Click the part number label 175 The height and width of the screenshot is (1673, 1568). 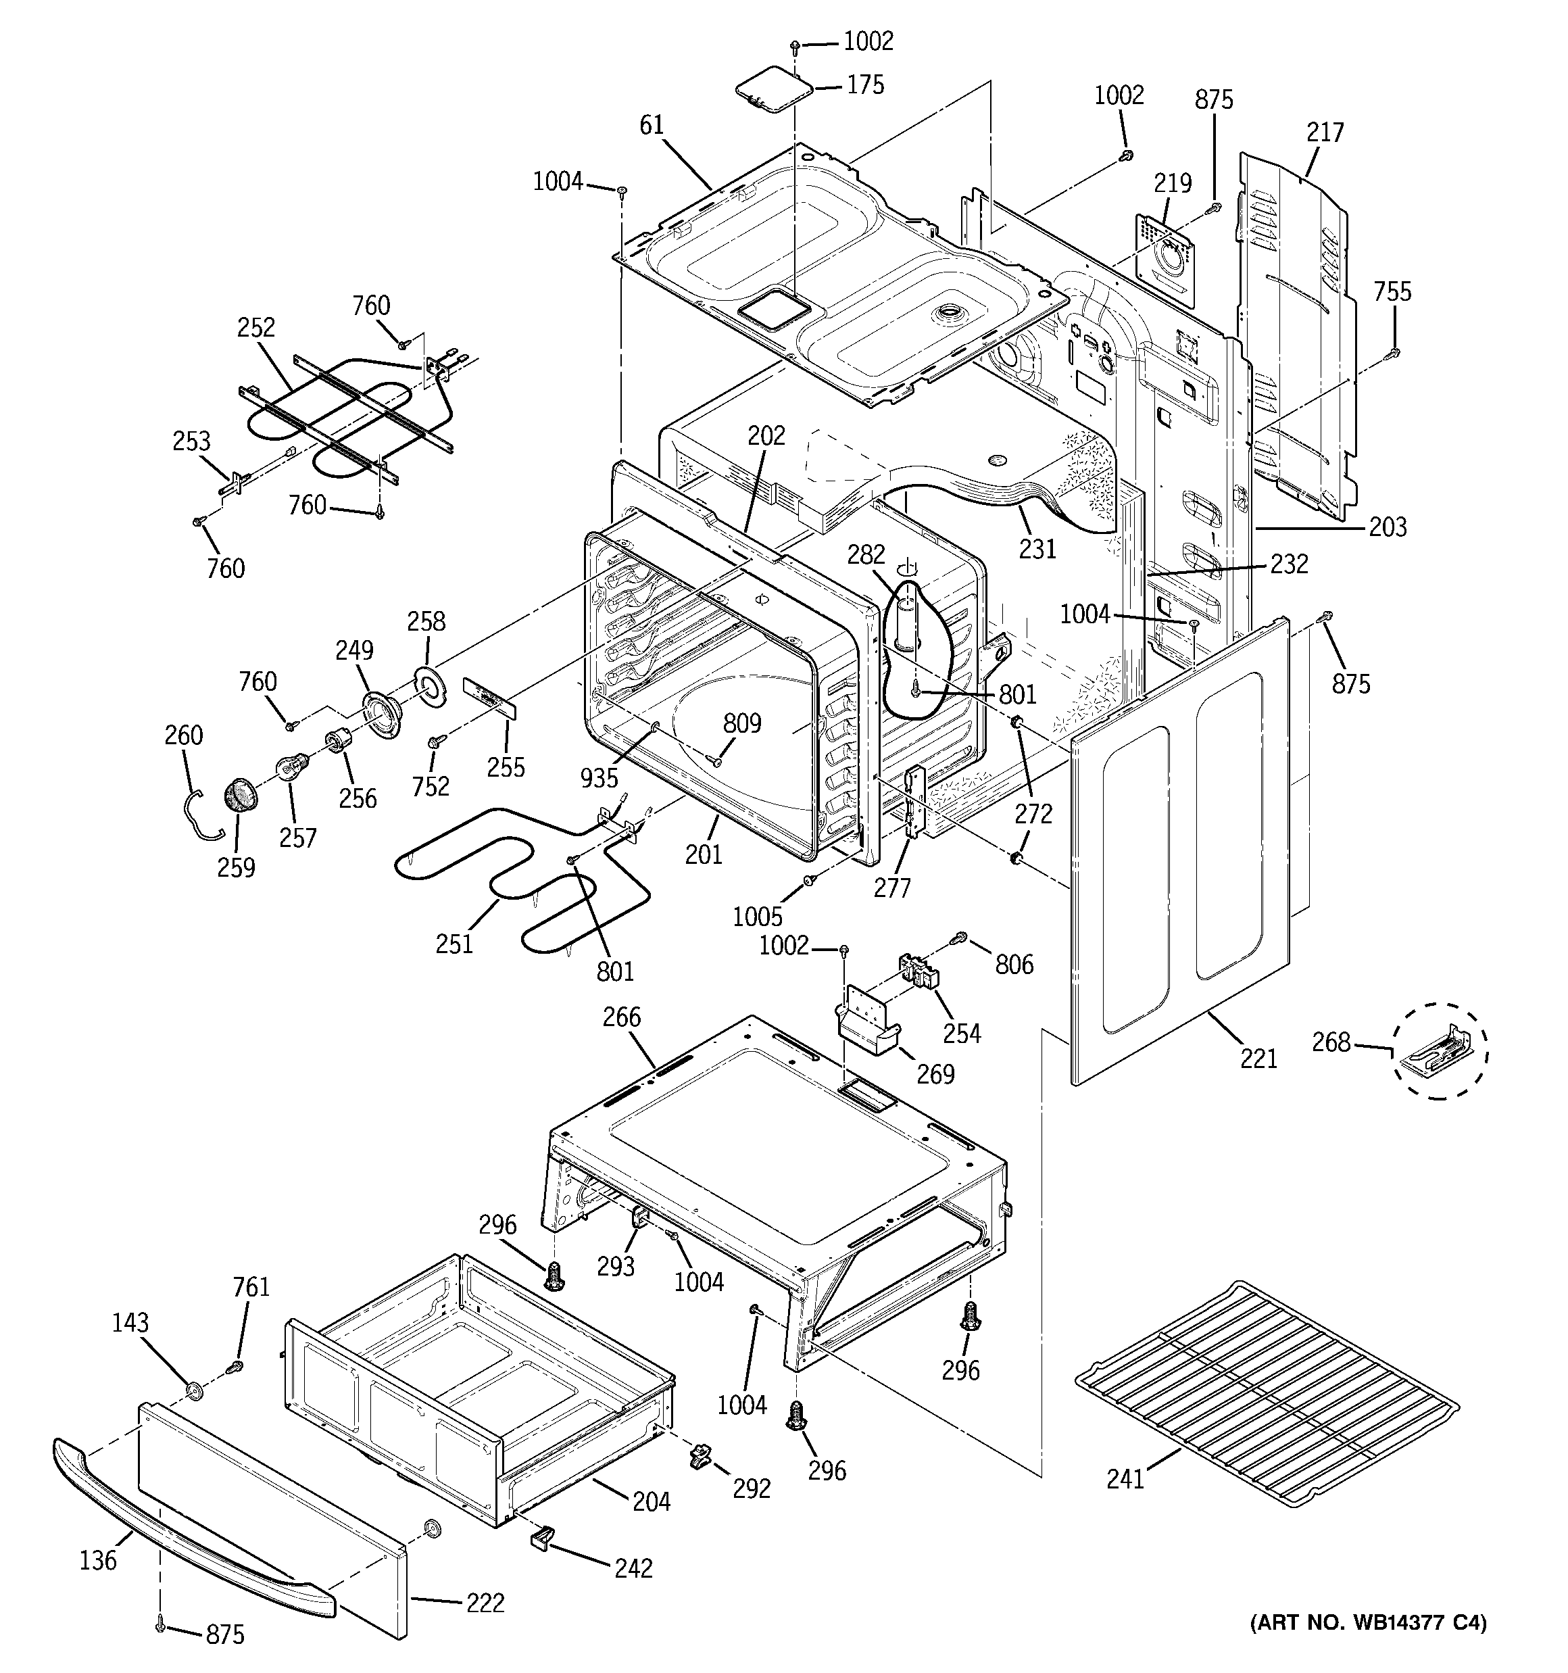[x=865, y=85]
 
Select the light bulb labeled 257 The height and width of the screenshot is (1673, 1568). [x=292, y=767]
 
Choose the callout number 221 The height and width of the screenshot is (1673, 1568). [x=1258, y=1059]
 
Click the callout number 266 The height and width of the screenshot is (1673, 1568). [x=621, y=1017]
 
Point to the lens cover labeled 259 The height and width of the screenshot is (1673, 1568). [x=241, y=794]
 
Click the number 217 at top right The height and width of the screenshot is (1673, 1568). [x=1325, y=132]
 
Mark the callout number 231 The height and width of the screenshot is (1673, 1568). [x=1037, y=549]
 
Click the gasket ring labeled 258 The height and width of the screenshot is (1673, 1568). [x=431, y=683]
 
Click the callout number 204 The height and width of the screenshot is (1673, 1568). [x=652, y=1501]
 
